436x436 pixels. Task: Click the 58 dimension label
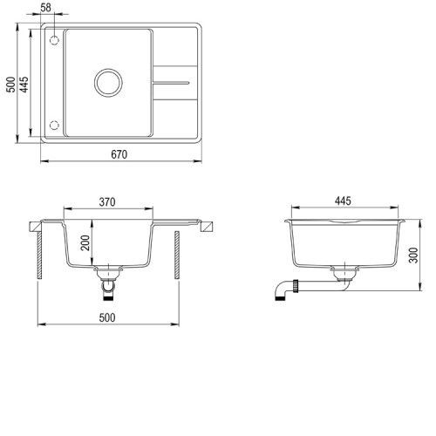point(45,8)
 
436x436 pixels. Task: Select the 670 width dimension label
point(119,154)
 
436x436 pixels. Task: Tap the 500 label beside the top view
point(10,85)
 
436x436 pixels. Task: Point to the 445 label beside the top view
point(24,85)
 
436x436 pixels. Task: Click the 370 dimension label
point(107,202)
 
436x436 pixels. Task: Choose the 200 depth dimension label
point(85,242)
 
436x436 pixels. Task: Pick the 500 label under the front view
point(107,317)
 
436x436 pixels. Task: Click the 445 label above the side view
point(343,201)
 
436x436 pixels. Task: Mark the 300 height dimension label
point(413,255)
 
